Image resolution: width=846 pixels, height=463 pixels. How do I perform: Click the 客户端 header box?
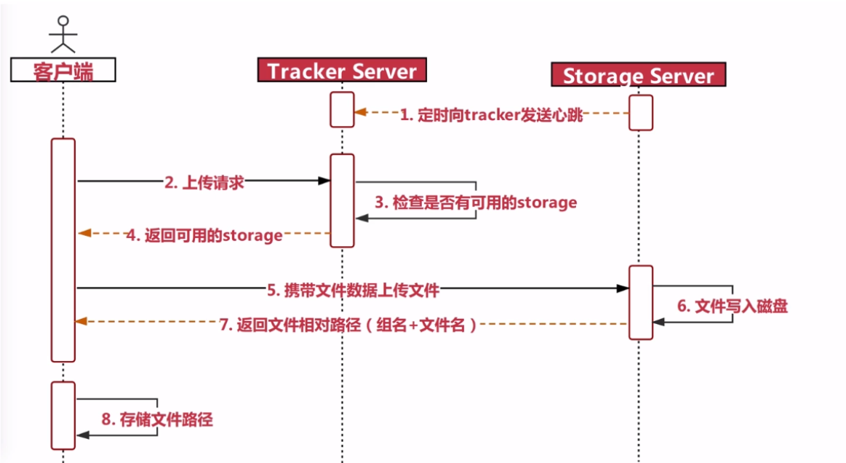63,70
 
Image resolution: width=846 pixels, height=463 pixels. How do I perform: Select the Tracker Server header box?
342,71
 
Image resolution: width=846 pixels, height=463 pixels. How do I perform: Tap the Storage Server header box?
638,75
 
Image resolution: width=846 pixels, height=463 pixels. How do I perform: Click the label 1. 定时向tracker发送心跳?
492,115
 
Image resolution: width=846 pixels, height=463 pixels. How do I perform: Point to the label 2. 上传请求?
204,183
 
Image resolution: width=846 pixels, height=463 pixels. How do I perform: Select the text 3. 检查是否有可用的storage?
476,202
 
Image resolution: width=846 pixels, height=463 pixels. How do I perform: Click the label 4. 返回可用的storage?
204,235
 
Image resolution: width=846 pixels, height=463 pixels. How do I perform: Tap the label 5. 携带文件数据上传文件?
354,290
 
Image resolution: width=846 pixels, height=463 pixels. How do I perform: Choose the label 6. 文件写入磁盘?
733,306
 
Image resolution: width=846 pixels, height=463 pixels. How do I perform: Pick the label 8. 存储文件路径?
157,419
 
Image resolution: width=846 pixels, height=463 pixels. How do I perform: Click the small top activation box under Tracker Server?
342,109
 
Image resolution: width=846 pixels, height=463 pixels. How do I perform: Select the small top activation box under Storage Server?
641,112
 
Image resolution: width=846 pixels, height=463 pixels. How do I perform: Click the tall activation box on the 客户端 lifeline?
63,250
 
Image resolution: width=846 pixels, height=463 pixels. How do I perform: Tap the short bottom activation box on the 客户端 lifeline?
63,415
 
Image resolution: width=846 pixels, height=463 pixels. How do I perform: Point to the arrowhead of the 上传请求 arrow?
325,181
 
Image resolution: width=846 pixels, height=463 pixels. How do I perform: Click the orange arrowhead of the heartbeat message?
359,113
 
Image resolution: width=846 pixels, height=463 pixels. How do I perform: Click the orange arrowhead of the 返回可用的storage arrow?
84,233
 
